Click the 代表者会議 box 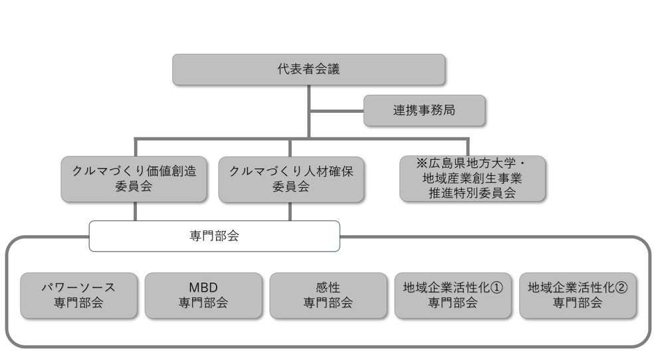(x=308, y=70)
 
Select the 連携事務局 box (x=424, y=111)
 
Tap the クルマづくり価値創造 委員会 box (x=134, y=179)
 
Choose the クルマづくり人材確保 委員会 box (x=291, y=179)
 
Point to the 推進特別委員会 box (x=472, y=179)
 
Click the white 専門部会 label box (x=214, y=236)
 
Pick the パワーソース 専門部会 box (x=79, y=295)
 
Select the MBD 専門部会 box (x=203, y=295)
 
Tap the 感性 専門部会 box (x=328, y=295)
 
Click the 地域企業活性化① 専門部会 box (x=453, y=295)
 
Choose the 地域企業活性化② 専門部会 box (x=577, y=295)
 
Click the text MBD (x=203, y=288)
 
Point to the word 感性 (x=328, y=288)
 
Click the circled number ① (x=495, y=288)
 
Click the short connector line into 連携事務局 (x=337, y=111)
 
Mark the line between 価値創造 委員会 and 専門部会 (x=135, y=211)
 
